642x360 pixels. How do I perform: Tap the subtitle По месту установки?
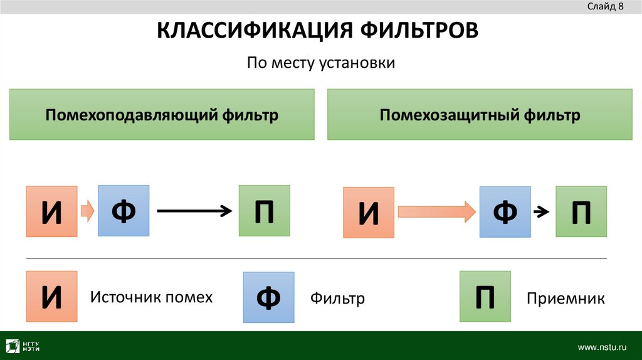pyautogui.click(x=320, y=63)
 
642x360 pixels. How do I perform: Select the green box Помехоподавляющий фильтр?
pyautogui.click(x=161, y=115)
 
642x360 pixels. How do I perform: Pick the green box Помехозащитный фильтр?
pyautogui.click(x=480, y=115)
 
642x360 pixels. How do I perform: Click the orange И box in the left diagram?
pyautogui.click(x=51, y=211)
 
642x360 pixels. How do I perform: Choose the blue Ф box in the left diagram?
pyautogui.click(x=124, y=211)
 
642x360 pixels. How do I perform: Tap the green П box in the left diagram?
pyautogui.click(x=264, y=211)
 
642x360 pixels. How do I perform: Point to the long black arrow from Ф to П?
pyautogui.click(x=194, y=211)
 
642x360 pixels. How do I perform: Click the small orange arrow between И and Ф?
pyautogui.click(x=88, y=211)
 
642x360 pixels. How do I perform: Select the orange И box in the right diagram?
pyautogui.click(x=369, y=212)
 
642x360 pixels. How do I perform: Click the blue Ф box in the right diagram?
pyautogui.click(x=505, y=211)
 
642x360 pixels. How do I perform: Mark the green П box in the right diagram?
pyautogui.click(x=581, y=211)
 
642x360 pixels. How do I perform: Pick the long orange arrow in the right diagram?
pyautogui.click(x=436, y=211)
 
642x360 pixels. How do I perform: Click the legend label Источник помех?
pyautogui.click(x=151, y=297)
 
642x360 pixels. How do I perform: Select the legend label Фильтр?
pyautogui.click(x=337, y=299)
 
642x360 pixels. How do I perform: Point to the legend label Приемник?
pyautogui.click(x=566, y=299)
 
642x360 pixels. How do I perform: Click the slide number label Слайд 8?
pyautogui.click(x=605, y=7)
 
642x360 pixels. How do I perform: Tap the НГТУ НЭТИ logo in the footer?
pyautogui.click(x=24, y=346)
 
